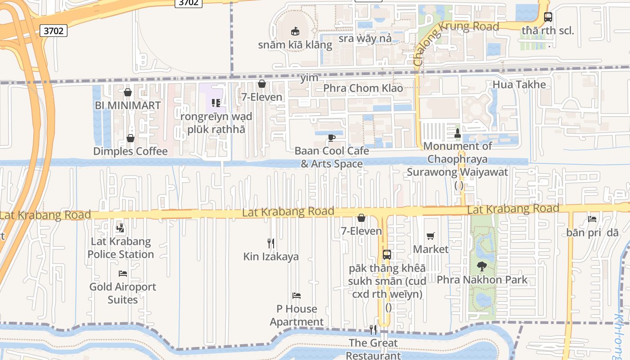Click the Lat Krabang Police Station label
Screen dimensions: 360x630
click(x=121, y=248)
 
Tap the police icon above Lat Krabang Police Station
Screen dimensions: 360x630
click(x=120, y=228)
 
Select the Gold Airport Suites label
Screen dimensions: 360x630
click(x=122, y=293)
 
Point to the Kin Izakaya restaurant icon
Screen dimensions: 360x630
click(x=271, y=243)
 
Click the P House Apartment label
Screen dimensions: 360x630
click(x=297, y=315)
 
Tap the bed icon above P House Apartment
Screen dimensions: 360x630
click(x=297, y=296)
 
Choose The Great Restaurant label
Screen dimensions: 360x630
click(x=373, y=349)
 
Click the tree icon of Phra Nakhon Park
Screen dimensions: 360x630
click(x=482, y=266)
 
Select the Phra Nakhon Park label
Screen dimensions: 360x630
click(x=482, y=279)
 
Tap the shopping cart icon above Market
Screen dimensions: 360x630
click(x=431, y=236)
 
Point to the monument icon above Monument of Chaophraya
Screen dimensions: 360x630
click(x=458, y=133)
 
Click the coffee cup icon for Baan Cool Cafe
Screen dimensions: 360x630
click(x=332, y=138)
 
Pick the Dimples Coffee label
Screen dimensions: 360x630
click(x=130, y=151)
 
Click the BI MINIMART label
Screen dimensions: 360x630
click(x=128, y=105)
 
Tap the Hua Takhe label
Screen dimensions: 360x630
click(x=519, y=85)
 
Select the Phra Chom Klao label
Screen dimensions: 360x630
click(x=363, y=88)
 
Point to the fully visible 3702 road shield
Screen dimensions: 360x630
click(x=54, y=31)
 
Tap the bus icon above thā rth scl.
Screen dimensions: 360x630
click(x=548, y=18)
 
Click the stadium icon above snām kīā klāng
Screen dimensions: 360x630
click(x=295, y=31)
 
